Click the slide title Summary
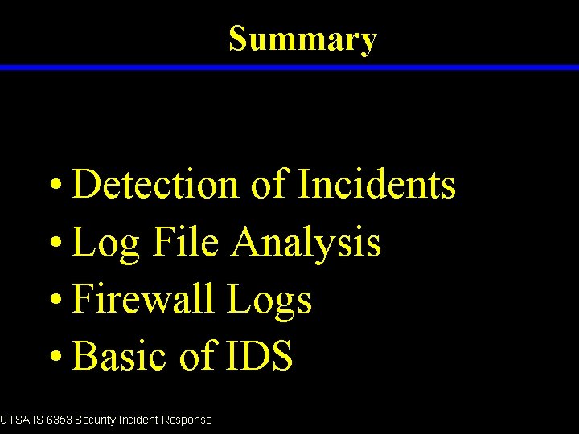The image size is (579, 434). tap(302, 39)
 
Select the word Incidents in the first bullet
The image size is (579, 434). tap(376, 184)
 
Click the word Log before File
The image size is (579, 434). tap(105, 243)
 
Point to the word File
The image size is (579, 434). tap(185, 242)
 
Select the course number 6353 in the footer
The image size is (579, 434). tap(58, 420)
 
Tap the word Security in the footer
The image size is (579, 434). tap(96, 420)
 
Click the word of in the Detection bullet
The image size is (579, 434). tap(268, 184)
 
